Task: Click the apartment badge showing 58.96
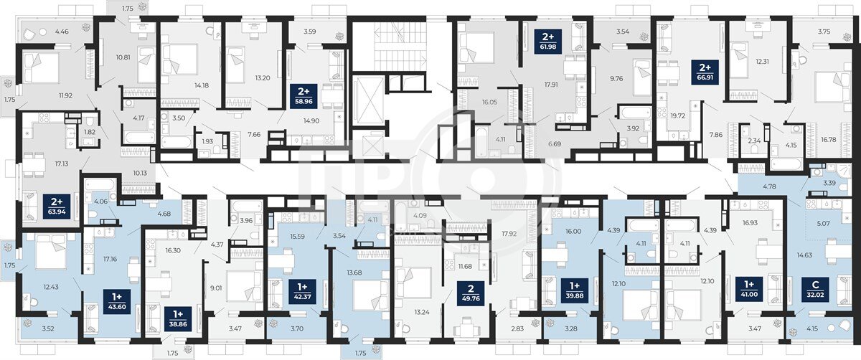[x=304, y=97]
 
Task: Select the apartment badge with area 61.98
[x=548, y=42]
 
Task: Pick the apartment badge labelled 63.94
[x=57, y=206]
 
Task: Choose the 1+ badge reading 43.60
[x=117, y=302]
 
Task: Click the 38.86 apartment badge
[x=178, y=319]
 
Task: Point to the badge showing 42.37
[x=303, y=292]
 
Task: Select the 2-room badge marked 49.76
[x=471, y=293]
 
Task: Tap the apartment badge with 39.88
[x=575, y=290]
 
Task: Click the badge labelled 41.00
[x=749, y=289]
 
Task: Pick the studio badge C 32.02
[x=815, y=290]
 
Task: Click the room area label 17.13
[x=62, y=164]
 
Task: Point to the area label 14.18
[x=202, y=85]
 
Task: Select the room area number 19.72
[x=677, y=115]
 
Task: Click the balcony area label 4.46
[x=62, y=32]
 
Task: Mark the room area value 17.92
[x=509, y=233]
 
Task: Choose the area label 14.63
[x=804, y=255]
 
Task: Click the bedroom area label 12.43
[x=51, y=287]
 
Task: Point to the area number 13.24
[x=422, y=312]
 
